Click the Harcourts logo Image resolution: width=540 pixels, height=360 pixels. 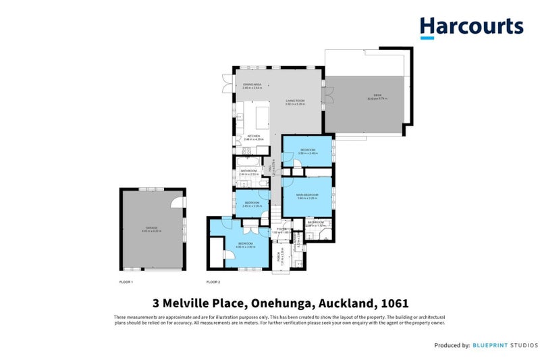click(471, 26)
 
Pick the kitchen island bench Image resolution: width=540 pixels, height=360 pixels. click(261, 117)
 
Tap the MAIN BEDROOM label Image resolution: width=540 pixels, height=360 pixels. click(306, 195)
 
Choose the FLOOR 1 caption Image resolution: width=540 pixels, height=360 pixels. click(126, 282)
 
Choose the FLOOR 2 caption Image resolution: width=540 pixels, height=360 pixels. click(213, 282)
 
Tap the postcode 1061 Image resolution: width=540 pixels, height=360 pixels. click(394, 304)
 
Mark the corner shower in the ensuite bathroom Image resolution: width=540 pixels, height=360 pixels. click(326, 234)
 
